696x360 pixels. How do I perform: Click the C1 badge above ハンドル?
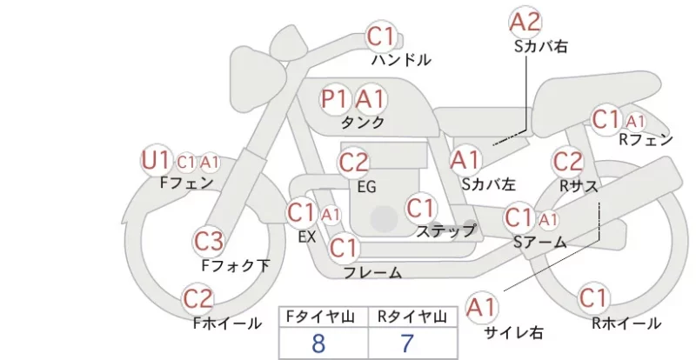[381, 37]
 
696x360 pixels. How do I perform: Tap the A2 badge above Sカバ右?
[525, 22]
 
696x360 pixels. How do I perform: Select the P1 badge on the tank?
[335, 99]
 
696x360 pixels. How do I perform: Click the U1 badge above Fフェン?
[156, 160]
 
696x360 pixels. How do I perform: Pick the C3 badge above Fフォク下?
[209, 242]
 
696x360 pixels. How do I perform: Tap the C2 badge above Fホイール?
[198, 299]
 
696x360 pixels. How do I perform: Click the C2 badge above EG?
[354, 163]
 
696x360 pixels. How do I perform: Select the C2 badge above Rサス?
[568, 162]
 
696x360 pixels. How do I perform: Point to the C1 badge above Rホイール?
[593, 298]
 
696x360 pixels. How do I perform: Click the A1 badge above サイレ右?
[482, 307]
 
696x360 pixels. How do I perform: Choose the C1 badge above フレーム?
[344, 247]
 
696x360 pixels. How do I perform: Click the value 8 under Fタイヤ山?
[318, 343]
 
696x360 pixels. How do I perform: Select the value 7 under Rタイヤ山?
[407, 343]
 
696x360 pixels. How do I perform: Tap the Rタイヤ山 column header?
[412, 317]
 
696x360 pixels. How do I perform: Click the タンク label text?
[363, 122]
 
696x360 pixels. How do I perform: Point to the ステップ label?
[445, 230]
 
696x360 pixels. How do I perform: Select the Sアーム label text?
[540, 242]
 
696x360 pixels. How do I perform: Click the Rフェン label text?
[646, 140]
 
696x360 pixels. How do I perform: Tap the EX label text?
[307, 237]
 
